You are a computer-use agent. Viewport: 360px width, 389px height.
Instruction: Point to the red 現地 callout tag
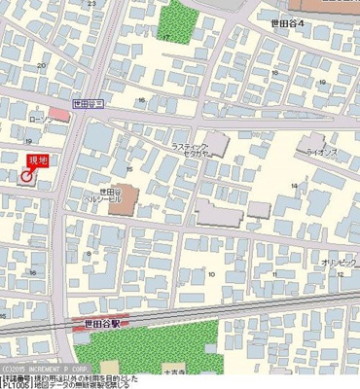click(x=37, y=159)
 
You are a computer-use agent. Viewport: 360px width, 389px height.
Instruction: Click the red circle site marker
click(x=27, y=175)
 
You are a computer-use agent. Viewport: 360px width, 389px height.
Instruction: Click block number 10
click(x=211, y=274)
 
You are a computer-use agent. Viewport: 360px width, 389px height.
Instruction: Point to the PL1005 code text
click(x=17, y=384)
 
